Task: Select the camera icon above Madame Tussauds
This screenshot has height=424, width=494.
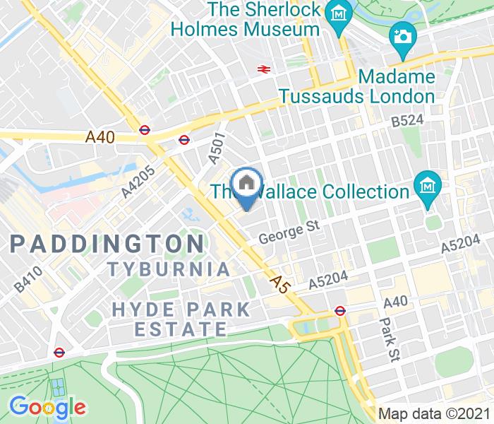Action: [402, 34]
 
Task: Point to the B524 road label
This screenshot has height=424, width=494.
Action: [407, 121]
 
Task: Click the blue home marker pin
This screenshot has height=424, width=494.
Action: [246, 185]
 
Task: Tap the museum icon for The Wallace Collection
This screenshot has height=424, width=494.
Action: [428, 186]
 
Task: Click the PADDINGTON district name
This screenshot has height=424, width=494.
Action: [107, 245]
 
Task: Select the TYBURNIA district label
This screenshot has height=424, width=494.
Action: [169, 269]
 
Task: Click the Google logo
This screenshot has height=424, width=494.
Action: [47, 406]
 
